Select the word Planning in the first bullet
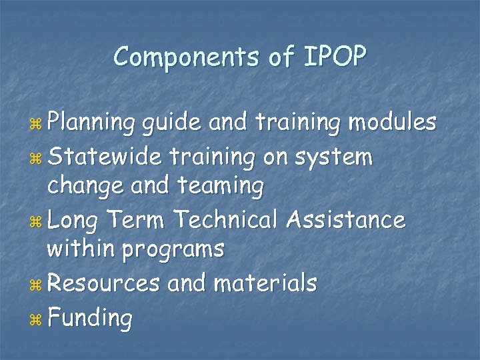click(92, 124)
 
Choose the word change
click(85, 187)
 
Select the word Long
click(74, 219)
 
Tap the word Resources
click(104, 283)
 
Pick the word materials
click(265, 283)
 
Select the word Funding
click(90, 318)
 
